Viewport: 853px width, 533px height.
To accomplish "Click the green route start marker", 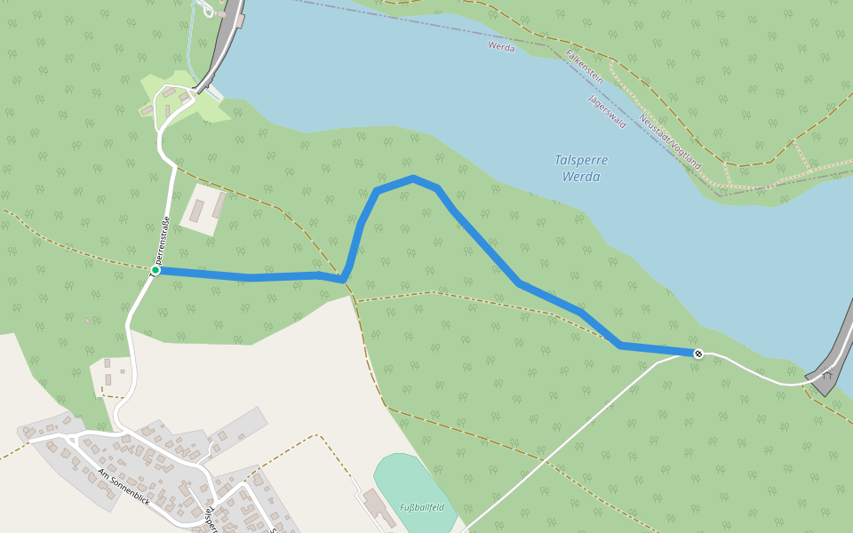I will click(x=155, y=270).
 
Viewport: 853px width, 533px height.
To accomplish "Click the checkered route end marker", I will click(x=698, y=354).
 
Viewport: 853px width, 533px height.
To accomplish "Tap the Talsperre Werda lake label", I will click(x=581, y=168).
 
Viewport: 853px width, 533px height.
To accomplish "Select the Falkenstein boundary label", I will click(x=585, y=67).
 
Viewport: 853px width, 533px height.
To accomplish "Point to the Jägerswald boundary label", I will click(x=607, y=111).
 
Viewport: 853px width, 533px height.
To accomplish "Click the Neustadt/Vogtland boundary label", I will click(x=670, y=142).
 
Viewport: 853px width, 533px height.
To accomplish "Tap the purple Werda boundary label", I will click(x=501, y=47).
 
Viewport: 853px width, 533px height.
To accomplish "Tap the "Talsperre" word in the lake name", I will click(x=581, y=160).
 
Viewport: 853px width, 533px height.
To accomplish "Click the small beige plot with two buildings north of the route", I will click(x=204, y=210).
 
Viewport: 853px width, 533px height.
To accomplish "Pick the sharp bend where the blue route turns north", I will click(x=344, y=280).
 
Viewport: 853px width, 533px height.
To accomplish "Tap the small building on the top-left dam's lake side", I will click(x=214, y=92).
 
